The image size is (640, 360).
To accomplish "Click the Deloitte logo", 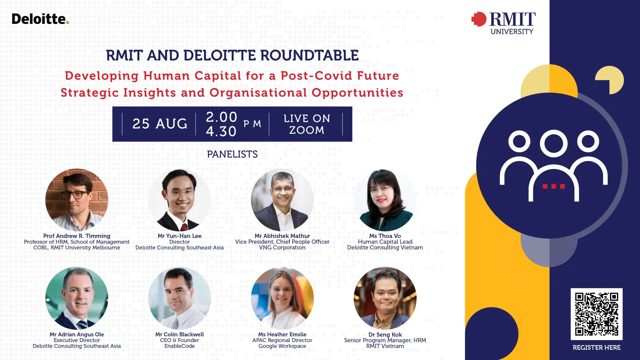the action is (x=40, y=19).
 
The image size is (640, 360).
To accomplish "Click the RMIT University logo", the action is (x=504, y=23).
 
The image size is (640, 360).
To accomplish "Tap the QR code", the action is (x=596, y=314).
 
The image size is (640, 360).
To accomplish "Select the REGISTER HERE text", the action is (x=596, y=347).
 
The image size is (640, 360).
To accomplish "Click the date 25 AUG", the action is (x=160, y=124).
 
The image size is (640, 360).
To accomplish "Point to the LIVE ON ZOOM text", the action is (x=307, y=124).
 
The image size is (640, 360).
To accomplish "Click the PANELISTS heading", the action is (x=232, y=154).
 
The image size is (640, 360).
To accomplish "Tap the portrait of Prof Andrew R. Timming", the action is (x=77, y=200).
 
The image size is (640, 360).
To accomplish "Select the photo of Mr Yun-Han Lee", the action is (x=179, y=200).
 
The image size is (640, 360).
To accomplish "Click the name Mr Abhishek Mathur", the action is (x=282, y=236).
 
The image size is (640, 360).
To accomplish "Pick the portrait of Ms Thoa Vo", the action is (x=385, y=200).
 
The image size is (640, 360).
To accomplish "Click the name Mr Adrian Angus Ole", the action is (x=77, y=334).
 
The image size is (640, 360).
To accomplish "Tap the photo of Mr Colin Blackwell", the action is (x=179, y=298).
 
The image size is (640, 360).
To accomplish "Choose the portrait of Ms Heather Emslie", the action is (x=282, y=298).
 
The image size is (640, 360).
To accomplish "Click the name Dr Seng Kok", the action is (x=385, y=334).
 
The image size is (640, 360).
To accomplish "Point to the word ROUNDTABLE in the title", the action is (x=310, y=55).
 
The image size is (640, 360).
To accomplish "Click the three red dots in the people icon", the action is (x=554, y=186).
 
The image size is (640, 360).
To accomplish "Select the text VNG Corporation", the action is (x=282, y=247).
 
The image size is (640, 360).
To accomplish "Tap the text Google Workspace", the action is (x=282, y=346).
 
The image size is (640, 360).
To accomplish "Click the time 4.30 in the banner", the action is (x=221, y=131).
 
